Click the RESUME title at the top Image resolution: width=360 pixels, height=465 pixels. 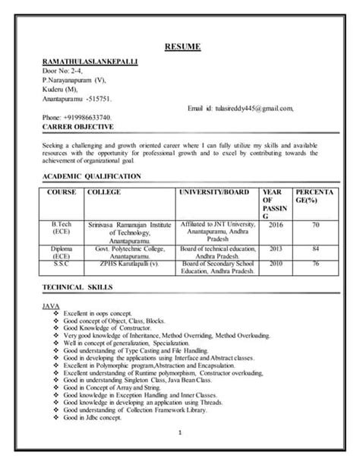point(182,48)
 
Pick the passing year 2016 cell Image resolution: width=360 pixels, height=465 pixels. point(275,225)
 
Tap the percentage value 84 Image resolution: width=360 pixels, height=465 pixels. point(314,248)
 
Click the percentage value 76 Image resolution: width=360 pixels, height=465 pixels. point(314,263)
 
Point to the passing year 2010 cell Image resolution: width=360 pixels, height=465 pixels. point(275,263)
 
